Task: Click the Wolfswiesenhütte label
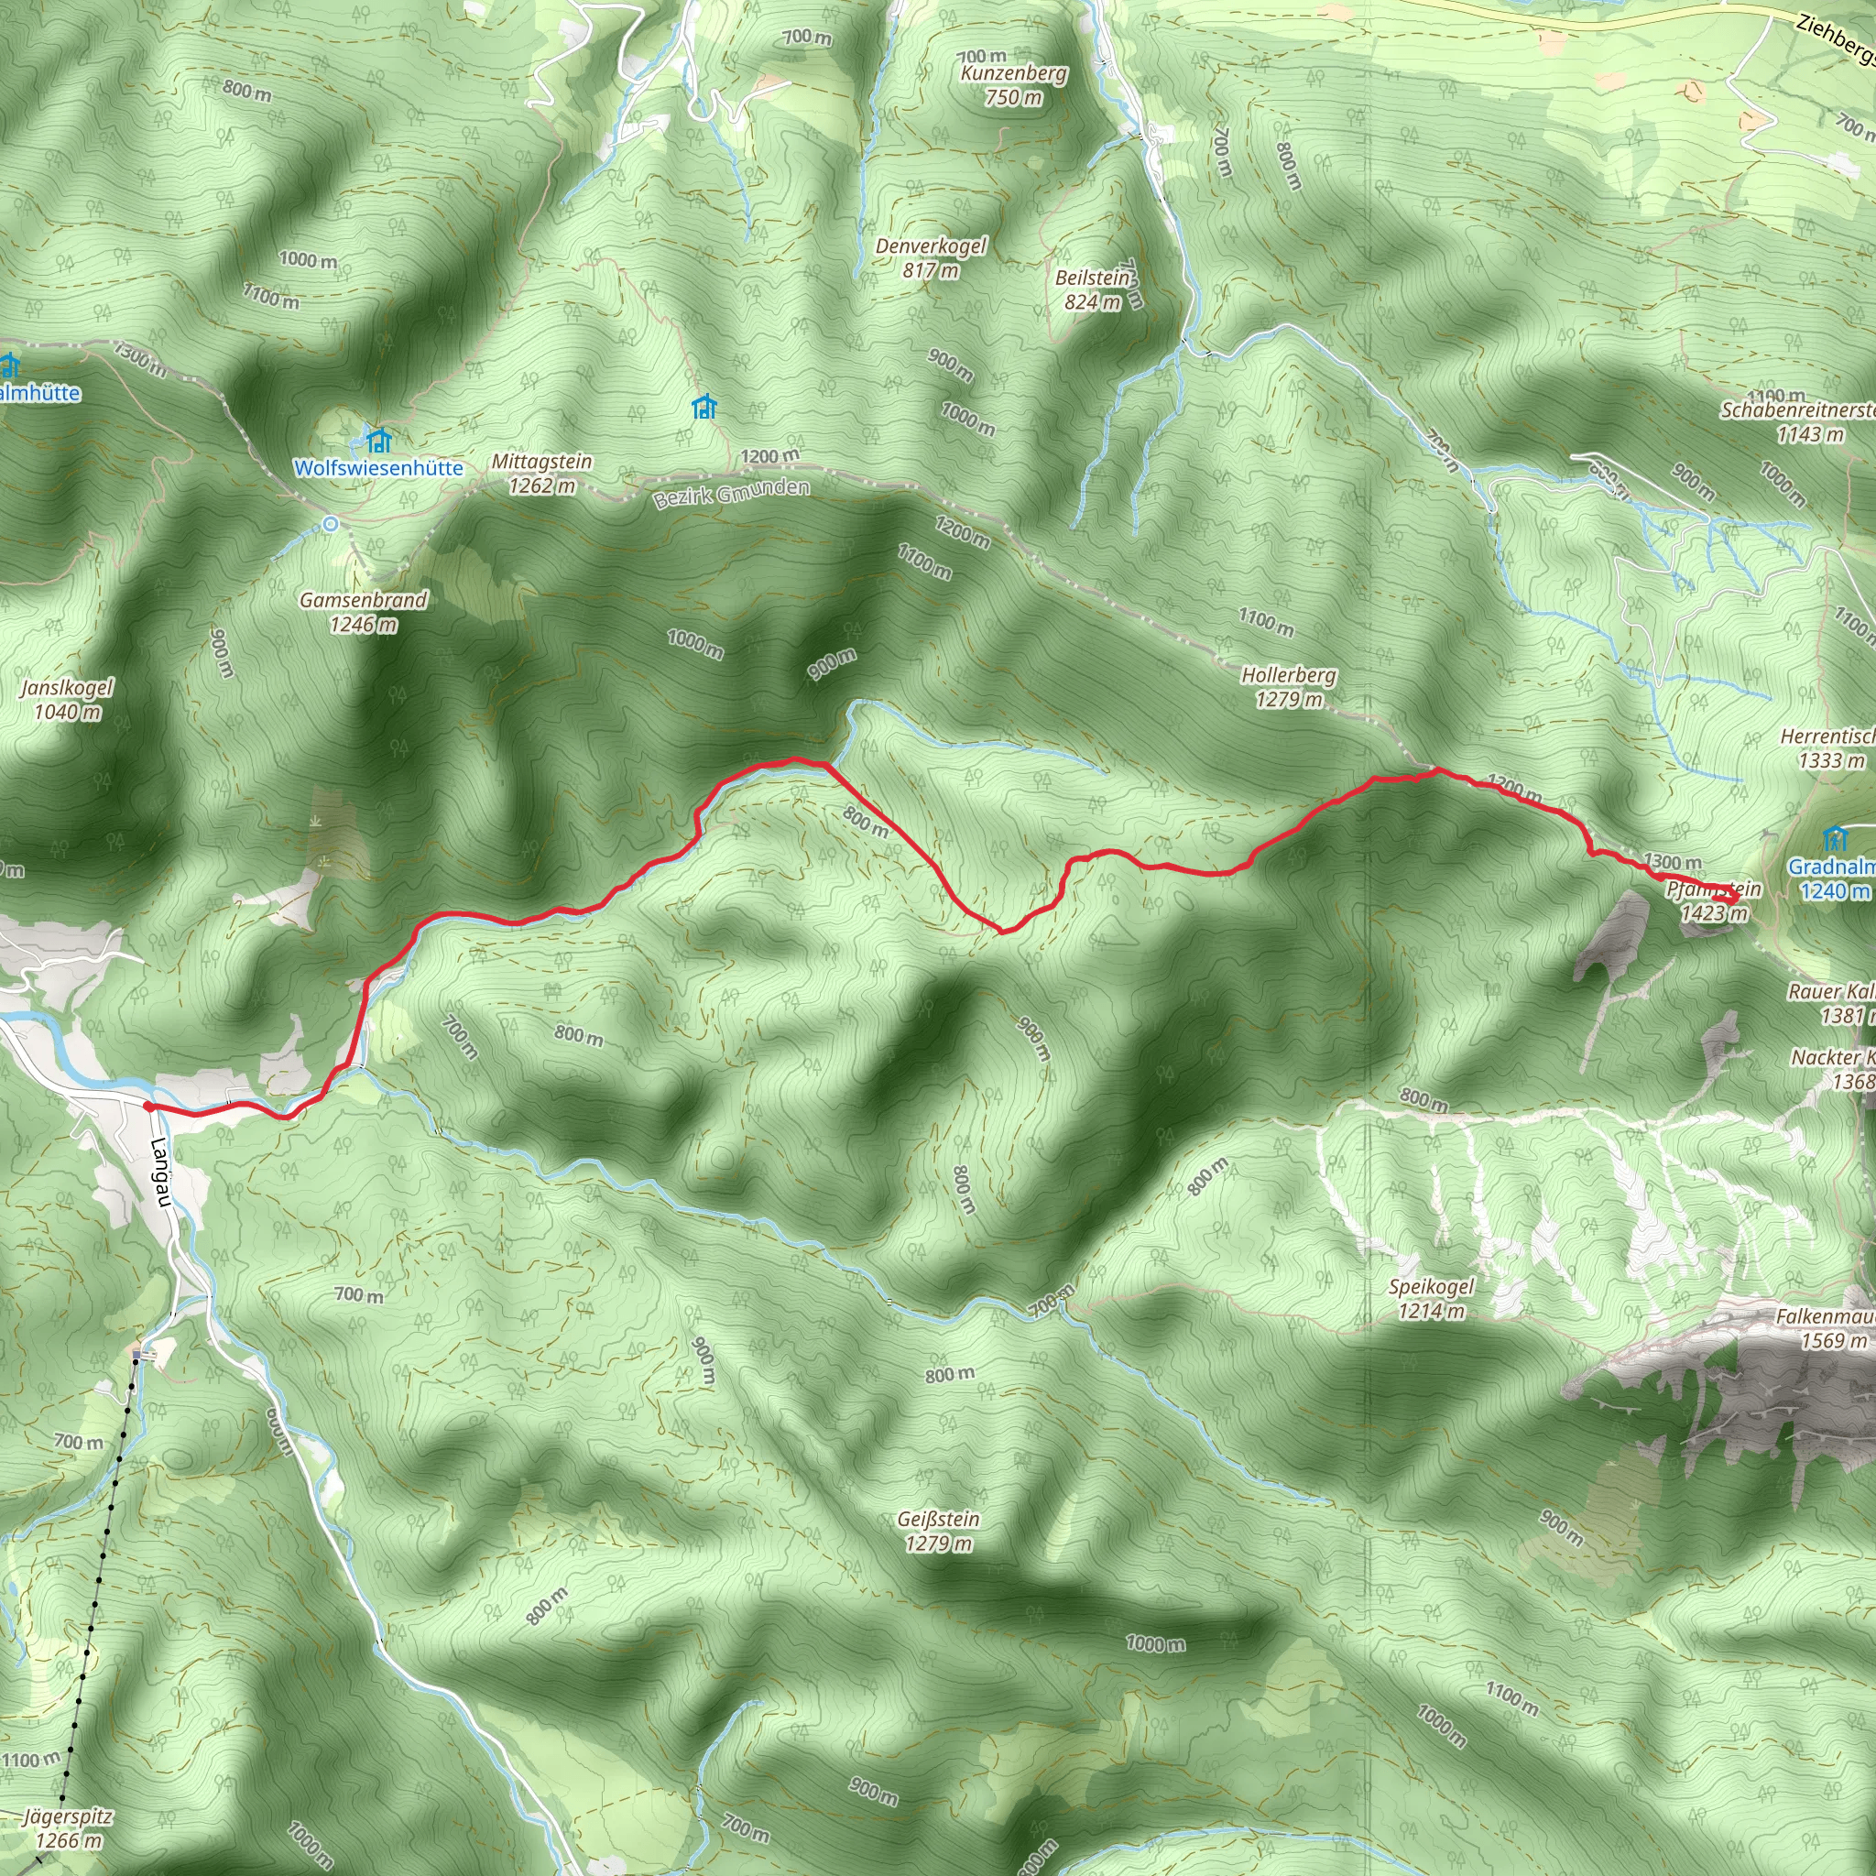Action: click(377, 468)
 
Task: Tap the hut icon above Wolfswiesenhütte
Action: click(377, 441)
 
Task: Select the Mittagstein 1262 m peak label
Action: click(542, 474)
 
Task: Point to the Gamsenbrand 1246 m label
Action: click(363, 612)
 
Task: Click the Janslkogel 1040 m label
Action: click(67, 699)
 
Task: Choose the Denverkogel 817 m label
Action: click(931, 258)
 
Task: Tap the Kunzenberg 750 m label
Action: click(1014, 85)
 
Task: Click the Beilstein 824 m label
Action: click(1094, 289)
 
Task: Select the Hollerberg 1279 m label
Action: click(1289, 686)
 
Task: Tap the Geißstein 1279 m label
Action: click(938, 1532)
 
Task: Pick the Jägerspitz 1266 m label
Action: click(67, 1828)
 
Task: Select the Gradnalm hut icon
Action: click(1834, 837)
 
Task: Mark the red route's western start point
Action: click(147, 1106)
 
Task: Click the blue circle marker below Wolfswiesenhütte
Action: click(331, 524)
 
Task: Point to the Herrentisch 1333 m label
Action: click(1828, 747)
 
